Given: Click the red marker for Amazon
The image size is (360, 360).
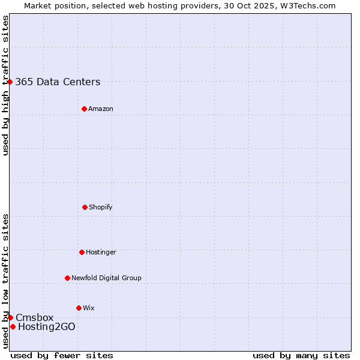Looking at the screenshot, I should pos(84,109).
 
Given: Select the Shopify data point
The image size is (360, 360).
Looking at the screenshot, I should pos(85,207).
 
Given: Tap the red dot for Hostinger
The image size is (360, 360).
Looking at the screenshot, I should pos(82,252).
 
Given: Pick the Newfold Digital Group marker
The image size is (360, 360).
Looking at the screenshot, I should pos(67,278).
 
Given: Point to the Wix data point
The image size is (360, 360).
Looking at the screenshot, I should pos(79,308).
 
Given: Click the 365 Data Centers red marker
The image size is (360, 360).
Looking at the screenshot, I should pos(10,82).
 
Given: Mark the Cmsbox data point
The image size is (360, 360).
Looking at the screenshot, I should pos(10,317).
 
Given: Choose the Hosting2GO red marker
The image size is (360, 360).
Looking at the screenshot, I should pos(13,326).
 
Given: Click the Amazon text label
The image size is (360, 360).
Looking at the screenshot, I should pos(101,109).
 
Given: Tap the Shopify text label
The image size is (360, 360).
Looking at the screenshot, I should pos(101,208).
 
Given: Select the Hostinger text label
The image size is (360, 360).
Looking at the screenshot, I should pos(101,253).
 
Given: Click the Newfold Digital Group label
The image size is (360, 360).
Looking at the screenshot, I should pos(106,278).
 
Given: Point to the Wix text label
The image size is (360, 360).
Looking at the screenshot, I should pos(89,308).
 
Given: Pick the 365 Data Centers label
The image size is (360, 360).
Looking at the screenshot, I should pos(58,82).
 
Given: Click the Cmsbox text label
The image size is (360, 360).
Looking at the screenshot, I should pos(34,318).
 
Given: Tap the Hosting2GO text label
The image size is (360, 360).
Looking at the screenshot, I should pos(47,327).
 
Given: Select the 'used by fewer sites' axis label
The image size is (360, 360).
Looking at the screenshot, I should pos(62,355).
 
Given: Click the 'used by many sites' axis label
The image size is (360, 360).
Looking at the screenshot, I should pos(301,355).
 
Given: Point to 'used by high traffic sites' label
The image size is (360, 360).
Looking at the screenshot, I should pos(5,86).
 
